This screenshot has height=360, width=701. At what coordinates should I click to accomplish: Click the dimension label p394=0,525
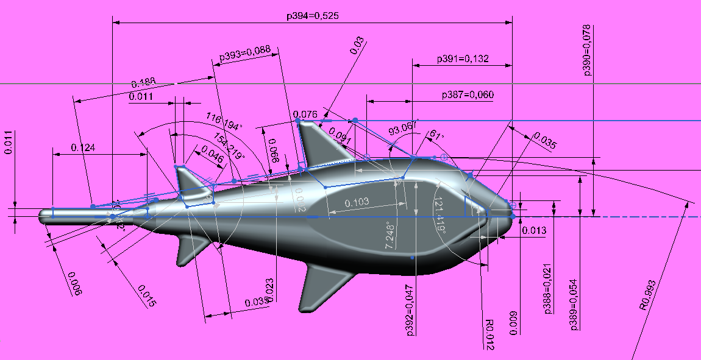pyautogui.click(x=311, y=16)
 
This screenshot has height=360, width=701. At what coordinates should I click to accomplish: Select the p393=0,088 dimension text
pyautogui.click(x=244, y=54)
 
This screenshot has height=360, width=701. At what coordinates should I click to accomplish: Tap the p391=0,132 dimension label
pyautogui.click(x=463, y=59)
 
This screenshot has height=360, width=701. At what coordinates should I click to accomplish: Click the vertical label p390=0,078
pyautogui.click(x=587, y=50)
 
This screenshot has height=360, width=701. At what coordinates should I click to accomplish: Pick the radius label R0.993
pyautogui.click(x=648, y=295)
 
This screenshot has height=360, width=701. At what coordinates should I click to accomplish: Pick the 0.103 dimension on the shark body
pyautogui.click(x=357, y=202)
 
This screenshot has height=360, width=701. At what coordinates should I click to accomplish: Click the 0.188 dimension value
pyautogui.click(x=144, y=83)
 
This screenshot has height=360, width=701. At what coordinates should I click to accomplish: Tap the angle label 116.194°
pyautogui.click(x=224, y=120)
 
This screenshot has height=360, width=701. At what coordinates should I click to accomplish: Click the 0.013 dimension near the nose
pyautogui.click(x=534, y=231)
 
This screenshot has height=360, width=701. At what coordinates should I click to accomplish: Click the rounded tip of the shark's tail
pyautogui.click(x=44, y=216)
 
